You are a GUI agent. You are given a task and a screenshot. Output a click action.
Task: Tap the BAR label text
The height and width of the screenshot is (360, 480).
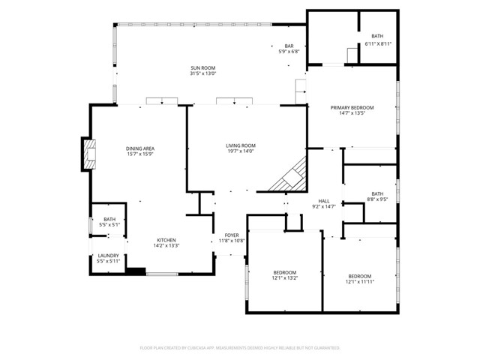289,46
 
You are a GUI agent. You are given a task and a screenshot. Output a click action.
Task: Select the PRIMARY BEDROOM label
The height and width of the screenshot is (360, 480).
352,108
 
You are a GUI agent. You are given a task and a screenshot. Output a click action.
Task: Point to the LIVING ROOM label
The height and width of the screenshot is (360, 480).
241,145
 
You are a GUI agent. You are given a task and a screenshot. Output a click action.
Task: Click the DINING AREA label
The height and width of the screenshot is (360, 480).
140,148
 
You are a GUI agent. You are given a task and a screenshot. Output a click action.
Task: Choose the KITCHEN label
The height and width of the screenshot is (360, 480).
166,240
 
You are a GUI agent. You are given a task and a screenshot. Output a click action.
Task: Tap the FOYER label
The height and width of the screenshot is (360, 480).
232,235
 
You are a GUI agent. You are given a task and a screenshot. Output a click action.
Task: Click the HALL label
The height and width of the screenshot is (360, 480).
324,201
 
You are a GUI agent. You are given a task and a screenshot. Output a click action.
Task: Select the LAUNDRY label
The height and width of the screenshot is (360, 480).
109,256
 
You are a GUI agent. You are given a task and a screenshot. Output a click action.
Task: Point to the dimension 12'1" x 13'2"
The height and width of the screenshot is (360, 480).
285,277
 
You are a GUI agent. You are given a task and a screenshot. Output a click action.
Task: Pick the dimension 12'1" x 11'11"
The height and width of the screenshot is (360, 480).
360,281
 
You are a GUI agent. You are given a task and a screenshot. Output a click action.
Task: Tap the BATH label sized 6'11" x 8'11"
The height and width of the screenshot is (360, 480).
377,37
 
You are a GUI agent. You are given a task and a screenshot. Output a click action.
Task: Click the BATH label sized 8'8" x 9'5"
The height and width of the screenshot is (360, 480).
377,193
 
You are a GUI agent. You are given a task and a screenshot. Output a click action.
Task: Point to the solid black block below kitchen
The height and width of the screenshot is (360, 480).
136,271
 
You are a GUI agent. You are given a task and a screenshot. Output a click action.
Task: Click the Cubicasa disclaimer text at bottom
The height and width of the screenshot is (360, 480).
240,348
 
